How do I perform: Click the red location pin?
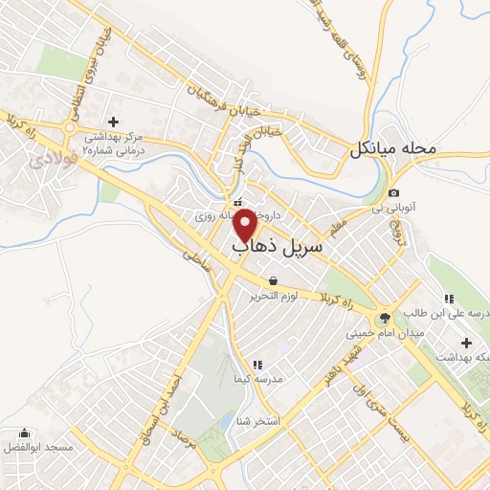point(246,224)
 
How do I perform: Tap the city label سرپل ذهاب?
point(278,246)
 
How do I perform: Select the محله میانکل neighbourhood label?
point(392,148)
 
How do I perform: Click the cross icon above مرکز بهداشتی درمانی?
point(114,122)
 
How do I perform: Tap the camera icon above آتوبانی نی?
point(393,193)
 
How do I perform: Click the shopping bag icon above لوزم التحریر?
point(275,281)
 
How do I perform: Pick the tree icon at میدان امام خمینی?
point(385,319)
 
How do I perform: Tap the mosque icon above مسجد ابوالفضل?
point(24,433)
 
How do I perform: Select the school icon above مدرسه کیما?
point(256,365)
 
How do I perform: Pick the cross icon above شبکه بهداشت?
point(466,343)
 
